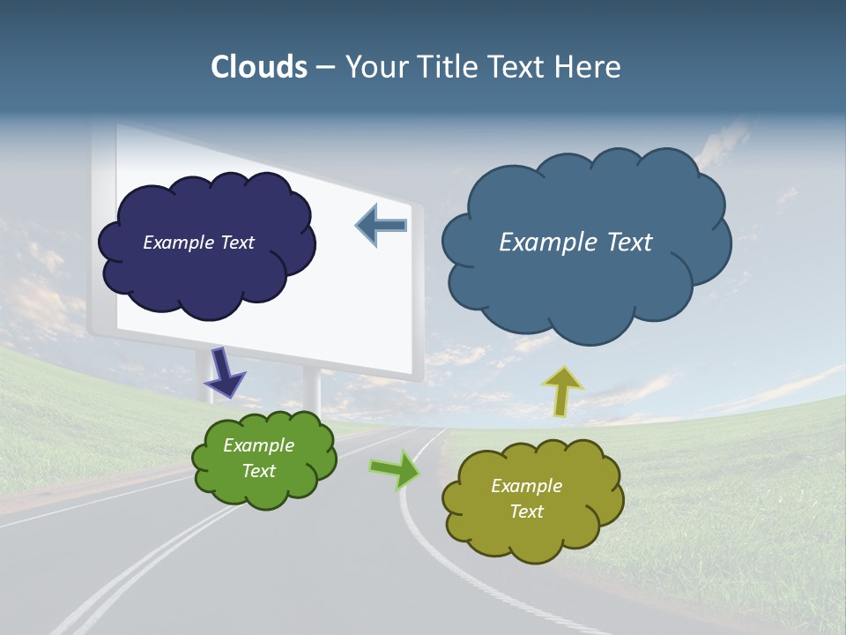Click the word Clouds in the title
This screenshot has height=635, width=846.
point(258,67)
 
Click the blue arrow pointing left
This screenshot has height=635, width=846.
point(382,226)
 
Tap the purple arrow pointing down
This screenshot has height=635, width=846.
point(226,371)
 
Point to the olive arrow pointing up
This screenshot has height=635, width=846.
point(561,391)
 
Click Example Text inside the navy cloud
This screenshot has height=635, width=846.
point(198,243)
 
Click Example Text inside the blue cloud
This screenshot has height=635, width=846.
point(575,243)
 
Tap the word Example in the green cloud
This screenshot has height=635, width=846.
point(258,445)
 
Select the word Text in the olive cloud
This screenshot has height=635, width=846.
point(526,512)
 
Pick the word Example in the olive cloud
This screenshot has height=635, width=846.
point(526,486)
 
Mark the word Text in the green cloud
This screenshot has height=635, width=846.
point(258,471)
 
